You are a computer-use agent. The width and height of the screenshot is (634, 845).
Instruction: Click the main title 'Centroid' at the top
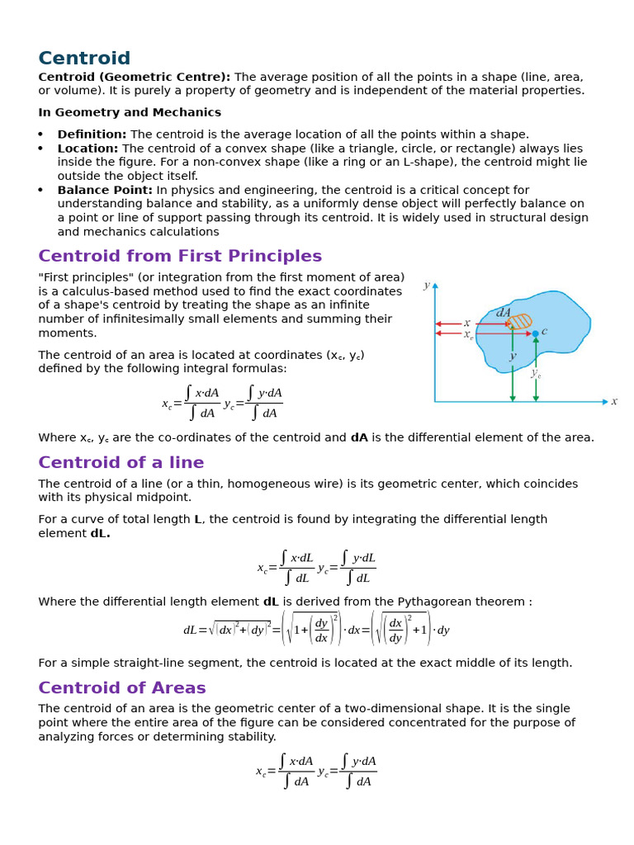[x=84, y=59]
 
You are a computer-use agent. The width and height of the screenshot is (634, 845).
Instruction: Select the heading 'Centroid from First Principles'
[x=180, y=256]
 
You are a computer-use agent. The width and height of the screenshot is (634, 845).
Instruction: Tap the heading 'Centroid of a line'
[x=121, y=462]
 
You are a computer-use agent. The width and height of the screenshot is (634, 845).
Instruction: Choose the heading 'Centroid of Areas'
[x=122, y=687]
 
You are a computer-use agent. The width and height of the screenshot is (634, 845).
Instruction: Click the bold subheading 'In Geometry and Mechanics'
[x=130, y=112]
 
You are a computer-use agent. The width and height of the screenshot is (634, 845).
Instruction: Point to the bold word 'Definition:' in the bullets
[x=92, y=135]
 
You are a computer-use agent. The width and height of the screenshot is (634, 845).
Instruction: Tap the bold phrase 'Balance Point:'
[x=105, y=190]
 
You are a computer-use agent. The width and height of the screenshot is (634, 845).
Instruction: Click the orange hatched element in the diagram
[x=519, y=321]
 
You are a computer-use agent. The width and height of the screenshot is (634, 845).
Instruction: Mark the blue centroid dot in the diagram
[x=535, y=333]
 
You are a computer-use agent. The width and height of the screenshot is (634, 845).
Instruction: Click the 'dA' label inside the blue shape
[x=504, y=313]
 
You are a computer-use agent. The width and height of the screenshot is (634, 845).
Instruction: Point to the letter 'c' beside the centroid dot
[x=544, y=331]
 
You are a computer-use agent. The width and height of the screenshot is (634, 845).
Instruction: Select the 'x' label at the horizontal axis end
[x=613, y=402]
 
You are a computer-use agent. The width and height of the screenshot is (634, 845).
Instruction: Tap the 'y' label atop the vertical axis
[x=427, y=286]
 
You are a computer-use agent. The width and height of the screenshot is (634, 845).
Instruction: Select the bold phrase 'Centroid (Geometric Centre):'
[x=135, y=77]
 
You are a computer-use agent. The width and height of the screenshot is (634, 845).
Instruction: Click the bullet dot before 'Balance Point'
[x=41, y=191]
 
